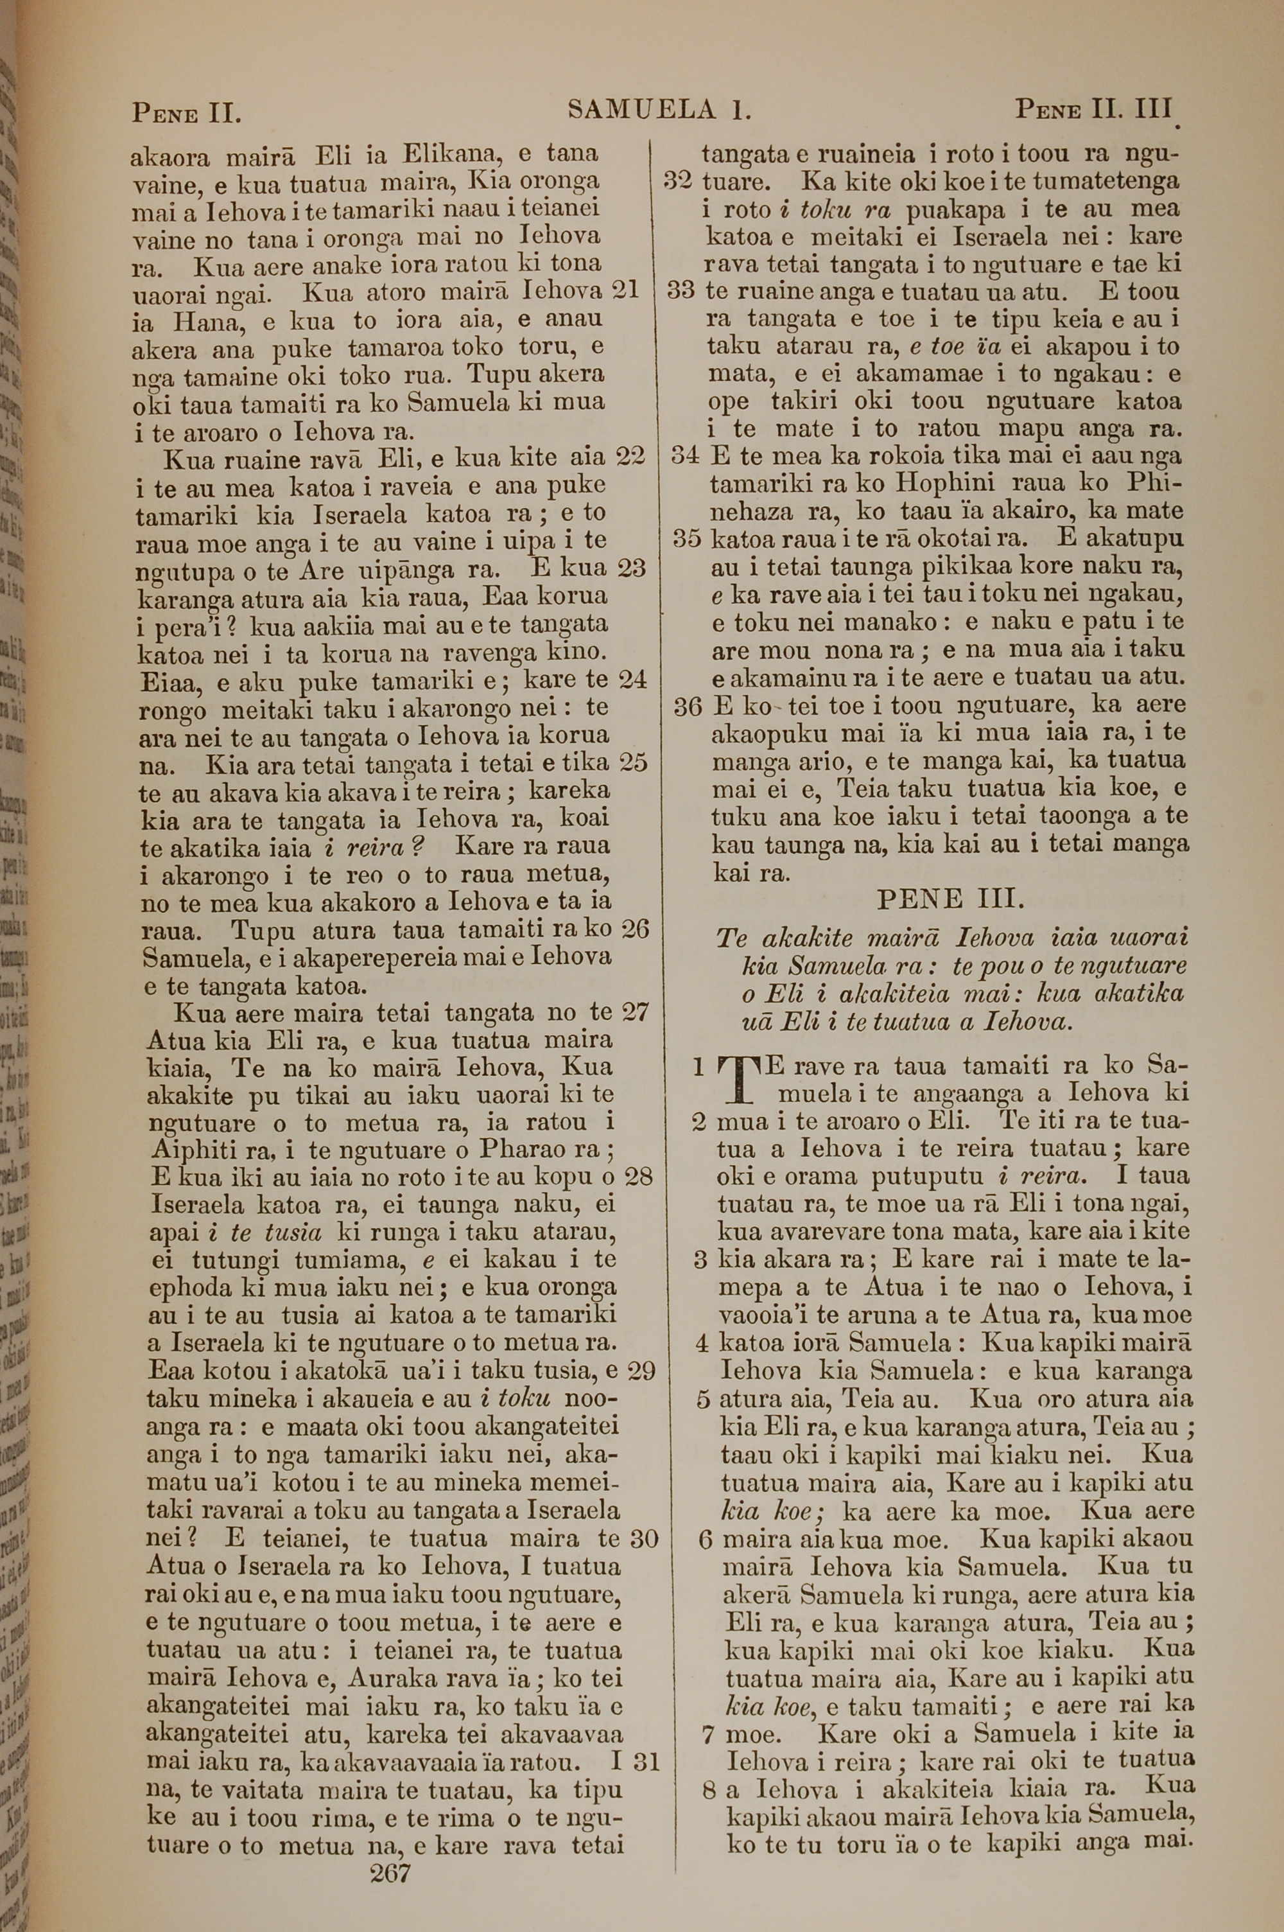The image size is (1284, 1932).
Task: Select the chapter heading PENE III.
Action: (950, 900)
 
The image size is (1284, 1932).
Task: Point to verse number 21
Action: (625, 291)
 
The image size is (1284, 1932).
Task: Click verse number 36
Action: (688, 706)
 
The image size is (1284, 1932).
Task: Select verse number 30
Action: (644, 1539)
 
